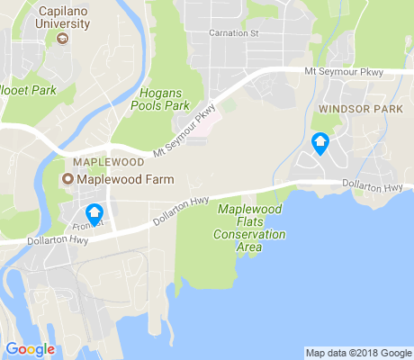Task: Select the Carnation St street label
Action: tap(233, 33)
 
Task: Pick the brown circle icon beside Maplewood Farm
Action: tap(67, 179)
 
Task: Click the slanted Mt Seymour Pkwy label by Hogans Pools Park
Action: tap(185, 131)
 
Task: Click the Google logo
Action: tap(30, 348)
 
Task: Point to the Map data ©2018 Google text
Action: tap(357, 353)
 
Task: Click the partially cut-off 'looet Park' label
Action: tap(29, 91)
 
